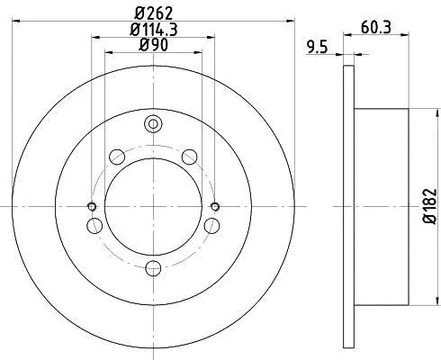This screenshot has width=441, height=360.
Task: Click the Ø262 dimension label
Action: coord(154,13)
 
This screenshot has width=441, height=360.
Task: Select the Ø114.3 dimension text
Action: coord(154,30)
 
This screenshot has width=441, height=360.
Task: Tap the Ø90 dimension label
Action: coord(153,45)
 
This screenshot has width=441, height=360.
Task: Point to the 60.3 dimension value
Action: coord(376,28)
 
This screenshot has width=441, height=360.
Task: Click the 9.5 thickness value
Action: coord(317,48)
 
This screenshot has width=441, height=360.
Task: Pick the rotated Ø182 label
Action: coord(429,206)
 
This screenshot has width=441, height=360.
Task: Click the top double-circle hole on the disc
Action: coord(153,123)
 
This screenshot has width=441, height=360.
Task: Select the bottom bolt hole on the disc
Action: coord(153,268)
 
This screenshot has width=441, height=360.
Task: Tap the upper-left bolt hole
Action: coord(117,157)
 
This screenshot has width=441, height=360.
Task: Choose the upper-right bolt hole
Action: coord(190,157)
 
